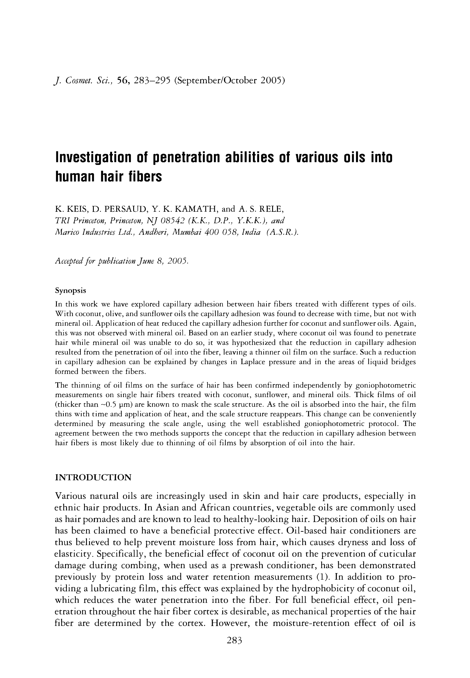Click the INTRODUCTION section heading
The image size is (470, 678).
tap(93, 477)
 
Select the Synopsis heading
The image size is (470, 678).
tap(71, 290)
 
